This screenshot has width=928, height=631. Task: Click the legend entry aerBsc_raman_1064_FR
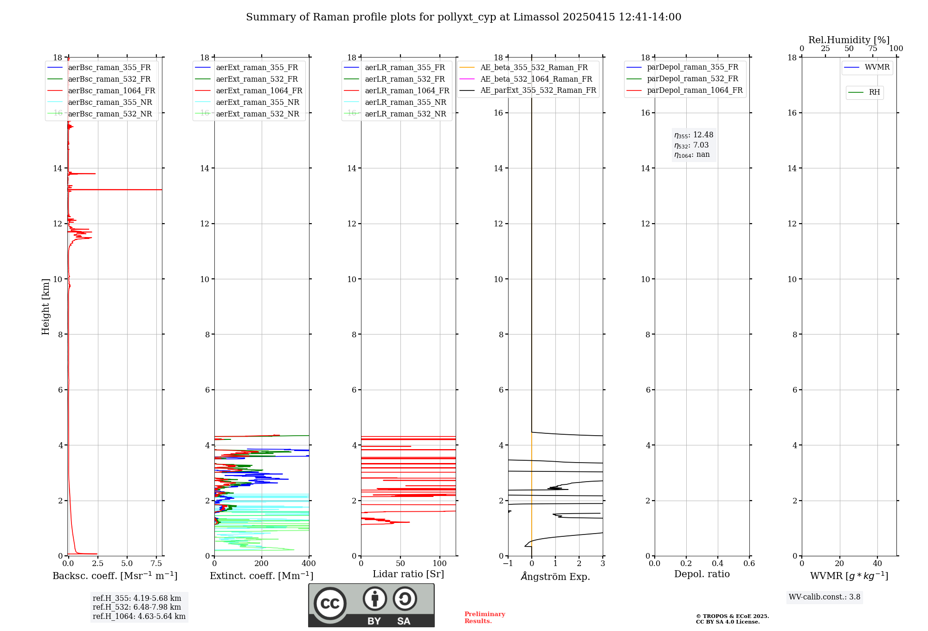pos(111,91)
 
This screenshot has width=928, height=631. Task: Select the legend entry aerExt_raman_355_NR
pos(258,103)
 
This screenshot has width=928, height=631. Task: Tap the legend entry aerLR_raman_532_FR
pos(405,79)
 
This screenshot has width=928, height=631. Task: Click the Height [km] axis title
pos(45,307)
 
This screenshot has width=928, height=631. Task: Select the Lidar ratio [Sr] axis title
pos(408,574)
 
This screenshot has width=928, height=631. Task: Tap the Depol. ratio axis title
pos(702,574)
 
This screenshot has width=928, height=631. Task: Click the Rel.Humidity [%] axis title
pos(849,40)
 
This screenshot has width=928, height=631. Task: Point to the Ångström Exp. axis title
pos(555,577)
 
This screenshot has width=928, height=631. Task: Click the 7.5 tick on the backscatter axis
pos(156,564)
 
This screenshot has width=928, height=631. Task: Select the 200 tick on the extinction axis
pos(262,564)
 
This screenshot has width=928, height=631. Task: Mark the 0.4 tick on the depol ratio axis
pos(718,564)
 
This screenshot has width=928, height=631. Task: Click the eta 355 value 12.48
pos(703,135)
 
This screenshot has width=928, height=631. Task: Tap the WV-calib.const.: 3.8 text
pos(825,597)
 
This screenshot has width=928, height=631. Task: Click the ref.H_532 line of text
pos(137,607)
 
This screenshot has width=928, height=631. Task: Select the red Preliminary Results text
pos(484,618)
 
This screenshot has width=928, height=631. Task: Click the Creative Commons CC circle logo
pos(330,604)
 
